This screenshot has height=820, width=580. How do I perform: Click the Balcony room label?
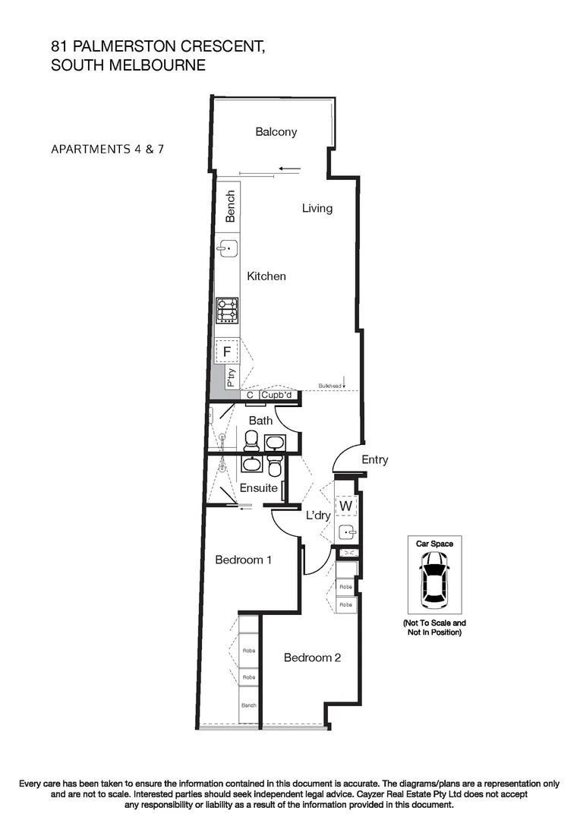276,132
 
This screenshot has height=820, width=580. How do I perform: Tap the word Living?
317,208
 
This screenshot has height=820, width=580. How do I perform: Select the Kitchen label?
266,276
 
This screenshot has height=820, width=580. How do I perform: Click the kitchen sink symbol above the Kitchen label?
227,248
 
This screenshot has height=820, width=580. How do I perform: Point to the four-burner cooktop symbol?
227,309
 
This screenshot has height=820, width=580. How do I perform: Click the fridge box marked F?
227,352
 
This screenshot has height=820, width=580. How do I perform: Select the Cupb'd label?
277,395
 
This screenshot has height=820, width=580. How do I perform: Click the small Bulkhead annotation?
329,386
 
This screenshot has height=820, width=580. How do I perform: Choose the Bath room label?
260,421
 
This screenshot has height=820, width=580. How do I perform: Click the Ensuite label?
259,488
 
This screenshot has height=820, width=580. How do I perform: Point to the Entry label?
374,460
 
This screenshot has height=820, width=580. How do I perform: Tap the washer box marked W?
345,506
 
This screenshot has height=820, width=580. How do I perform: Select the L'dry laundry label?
317,516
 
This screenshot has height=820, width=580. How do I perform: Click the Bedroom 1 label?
243,560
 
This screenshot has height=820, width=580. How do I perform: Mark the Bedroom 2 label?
312,658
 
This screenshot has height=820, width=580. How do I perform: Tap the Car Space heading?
434,544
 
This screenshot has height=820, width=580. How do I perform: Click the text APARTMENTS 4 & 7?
107,149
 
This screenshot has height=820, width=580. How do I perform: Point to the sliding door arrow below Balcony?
289,169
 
